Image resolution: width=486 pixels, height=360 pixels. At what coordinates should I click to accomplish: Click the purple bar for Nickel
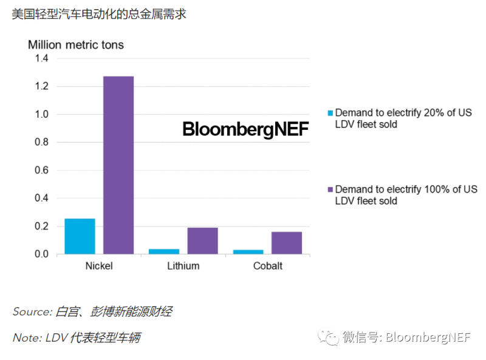click(x=118, y=165)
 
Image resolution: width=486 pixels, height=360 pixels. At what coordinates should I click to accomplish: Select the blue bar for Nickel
click(x=80, y=236)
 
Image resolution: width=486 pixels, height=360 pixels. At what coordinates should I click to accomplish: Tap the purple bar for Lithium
click(x=202, y=240)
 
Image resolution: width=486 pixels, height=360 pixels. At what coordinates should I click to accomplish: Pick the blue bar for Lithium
click(x=164, y=251)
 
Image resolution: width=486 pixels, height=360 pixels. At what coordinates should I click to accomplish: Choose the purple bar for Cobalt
click(x=287, y=243)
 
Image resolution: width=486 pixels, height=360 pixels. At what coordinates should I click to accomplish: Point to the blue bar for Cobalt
click(x=248, y=252)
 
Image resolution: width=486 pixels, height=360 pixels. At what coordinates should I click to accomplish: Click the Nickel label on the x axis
click(x=99, y=266)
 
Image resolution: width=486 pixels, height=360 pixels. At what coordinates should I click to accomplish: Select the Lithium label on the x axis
click(x=183, y=266)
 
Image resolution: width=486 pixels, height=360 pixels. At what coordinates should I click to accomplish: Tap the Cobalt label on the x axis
click(x=267, y=266)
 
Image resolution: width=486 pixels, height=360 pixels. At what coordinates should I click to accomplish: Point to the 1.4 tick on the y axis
click(x=41, y=58)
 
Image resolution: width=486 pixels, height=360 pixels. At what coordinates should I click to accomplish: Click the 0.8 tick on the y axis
click(x=41, y=142)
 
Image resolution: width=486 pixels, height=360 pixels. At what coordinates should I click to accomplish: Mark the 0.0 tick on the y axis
click(x=41, y=254)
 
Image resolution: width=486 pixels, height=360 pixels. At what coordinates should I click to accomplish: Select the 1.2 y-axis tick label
click(x=41, y=86)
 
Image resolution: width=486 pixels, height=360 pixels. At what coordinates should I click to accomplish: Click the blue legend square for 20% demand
click(x=330, y=113)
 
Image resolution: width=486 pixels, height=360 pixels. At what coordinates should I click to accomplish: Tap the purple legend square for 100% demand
click(x=330, y=189)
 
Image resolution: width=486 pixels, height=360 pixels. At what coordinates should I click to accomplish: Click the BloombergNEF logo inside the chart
click(x=245, y=129)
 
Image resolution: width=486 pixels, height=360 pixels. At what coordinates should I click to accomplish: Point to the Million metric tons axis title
click(x=76, y=45)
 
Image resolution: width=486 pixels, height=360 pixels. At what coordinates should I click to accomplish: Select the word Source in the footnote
click(x=32, y=312)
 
